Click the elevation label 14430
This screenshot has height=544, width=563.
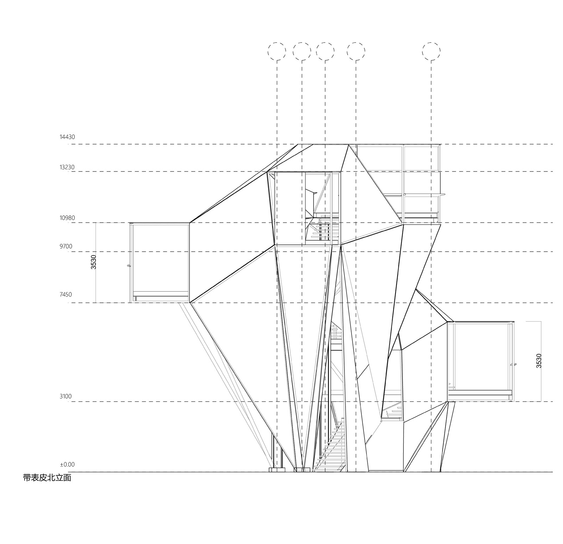(x=67, y=137)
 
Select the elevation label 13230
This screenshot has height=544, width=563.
(x=67, y=167)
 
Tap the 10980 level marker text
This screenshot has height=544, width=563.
(x=67, y=218)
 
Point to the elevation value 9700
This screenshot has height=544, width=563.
(x=66, y=246)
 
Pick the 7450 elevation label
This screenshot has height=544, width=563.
(x=66, y=294)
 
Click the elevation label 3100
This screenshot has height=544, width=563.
(x=66, y=396)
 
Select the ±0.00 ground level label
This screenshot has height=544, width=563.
(x=67, y=465)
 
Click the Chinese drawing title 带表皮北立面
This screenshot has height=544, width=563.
(x=47, y=478)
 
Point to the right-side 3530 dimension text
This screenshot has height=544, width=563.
(x=539, y=361)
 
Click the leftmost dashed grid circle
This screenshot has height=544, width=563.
(x=277, y=51)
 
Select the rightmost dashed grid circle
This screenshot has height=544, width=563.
(x=431, y=51)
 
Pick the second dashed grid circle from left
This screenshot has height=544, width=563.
(x=302, y=51)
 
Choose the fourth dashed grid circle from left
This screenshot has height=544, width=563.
(x=356, y=51)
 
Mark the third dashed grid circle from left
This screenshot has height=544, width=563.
(x=325, y=51)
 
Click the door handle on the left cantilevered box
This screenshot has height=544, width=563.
(x=129, y=266)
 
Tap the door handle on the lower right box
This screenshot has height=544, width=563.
(x=513, y=365)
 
